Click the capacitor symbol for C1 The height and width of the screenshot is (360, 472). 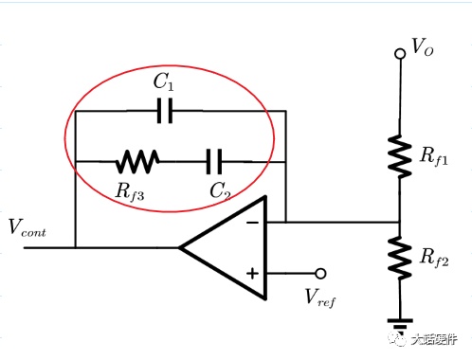[165, 111]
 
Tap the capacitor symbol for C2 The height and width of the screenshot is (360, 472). [214, 162]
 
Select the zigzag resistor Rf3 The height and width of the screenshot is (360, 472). [137, 161]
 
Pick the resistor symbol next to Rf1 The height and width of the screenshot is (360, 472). [400, 156]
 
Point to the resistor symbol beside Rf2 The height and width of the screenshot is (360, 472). [400, 258]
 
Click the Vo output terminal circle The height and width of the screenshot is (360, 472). [400, 54]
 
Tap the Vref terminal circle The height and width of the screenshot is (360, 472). [320, 274]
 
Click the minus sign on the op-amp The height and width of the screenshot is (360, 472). [252, 223]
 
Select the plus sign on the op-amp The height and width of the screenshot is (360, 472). [252, 274]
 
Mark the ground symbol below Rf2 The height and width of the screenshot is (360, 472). [400, 324]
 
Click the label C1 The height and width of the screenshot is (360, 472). [164, 81]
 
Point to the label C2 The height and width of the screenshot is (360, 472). [220, 190]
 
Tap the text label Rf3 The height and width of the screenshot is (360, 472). [130, 192]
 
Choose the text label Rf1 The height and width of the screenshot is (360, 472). [434, 156]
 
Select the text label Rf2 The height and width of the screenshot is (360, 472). [434, 258]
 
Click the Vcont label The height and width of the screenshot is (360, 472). [27, 227]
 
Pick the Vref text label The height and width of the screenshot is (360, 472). [320, 297]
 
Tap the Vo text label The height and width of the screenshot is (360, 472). [423, 47]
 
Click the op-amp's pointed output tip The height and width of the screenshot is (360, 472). [179, 248]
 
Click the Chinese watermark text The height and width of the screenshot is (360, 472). [434, 339]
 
